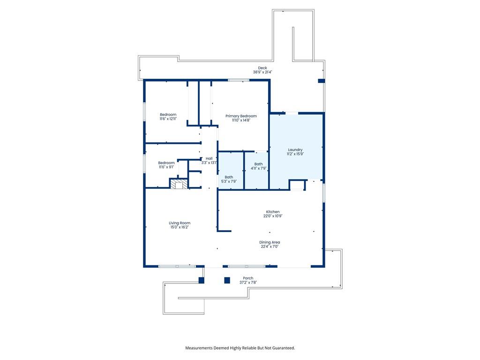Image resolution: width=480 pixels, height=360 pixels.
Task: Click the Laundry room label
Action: pyautogui.click(x=295, y=150)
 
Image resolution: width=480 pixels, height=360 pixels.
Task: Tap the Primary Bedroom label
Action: pyautogui.click(x=241, y=116)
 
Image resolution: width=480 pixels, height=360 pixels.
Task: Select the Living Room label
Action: pyautogui.click(x=180, y=223)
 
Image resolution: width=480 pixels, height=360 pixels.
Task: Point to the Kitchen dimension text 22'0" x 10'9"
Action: pyautogui.click(x=273, y=216)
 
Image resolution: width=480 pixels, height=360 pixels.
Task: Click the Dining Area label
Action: pyautogui.click(x=270, y=242)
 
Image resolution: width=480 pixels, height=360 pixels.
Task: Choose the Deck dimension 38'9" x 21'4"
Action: pyautogui.click(x=262, y=72)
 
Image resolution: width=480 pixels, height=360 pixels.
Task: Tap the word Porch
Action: pyautogui.click(x=248, y=278)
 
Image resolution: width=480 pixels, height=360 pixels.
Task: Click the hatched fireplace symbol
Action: pyautogui.click(x=179, y=184)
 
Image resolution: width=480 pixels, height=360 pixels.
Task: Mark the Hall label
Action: pyautogui.click(x=209, y=158)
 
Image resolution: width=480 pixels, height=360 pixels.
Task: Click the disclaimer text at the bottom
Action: pyautogui.click(x=240, y=348)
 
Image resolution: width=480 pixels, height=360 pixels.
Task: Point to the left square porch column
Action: pyautogui.click(x=202, y=280)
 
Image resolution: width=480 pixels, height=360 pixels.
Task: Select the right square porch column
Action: pyautogui.click(x=227, y=280)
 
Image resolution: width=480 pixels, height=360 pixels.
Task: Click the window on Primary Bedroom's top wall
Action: pyautogui.click(x=239, y=80)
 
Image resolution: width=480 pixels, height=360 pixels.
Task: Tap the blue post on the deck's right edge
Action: pyautogui.click(x=321, y=81)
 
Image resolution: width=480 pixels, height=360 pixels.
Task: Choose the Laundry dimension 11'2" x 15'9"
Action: pyautogui.click(x=295, y=154)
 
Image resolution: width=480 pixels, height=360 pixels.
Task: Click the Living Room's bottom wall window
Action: pyautogui.click(x=177, y=266)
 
